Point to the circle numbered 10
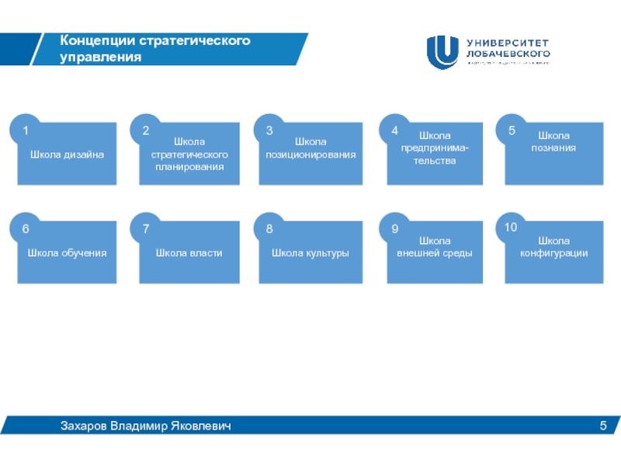click(510, 228)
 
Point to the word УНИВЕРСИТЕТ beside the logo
click(508, 43)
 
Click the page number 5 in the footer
click(602, 426)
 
